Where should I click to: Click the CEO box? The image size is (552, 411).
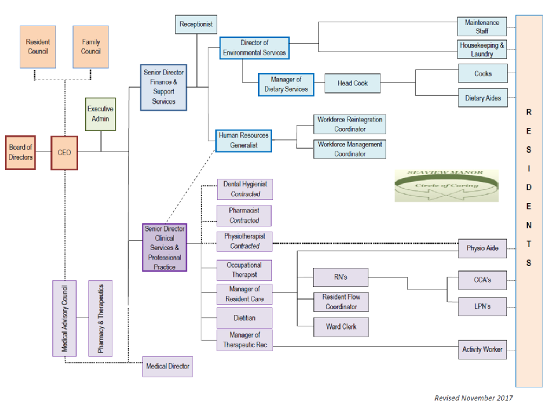[x=64, y=153]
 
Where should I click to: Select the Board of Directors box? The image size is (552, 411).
[x=21, y=153]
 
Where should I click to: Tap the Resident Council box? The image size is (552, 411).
[x=38, y=46]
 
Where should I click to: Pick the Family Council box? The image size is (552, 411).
[x=91, y=46]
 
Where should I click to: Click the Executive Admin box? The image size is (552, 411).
[x=100, y=114]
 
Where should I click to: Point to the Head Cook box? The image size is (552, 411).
[x=353, y=83]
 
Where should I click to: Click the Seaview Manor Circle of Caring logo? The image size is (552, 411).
[x=446, y=186]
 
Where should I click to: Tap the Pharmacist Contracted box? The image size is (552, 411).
[x=245, y=215]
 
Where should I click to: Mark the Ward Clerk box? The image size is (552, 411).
[x=341, y=327]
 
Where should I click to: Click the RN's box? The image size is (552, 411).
[x=341, y=277]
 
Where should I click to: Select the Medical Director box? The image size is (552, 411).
[x=167, y=366]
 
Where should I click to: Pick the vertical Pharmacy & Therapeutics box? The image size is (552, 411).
[x=100, y=318]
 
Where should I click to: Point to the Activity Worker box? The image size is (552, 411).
[x=483, y=349]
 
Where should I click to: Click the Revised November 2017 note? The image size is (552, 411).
[x=473, y=398]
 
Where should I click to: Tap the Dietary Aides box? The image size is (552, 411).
[x=483, y=98]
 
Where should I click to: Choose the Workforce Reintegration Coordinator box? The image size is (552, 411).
[x=350, y=124]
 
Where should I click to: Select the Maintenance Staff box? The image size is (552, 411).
[x=483, y=26]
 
